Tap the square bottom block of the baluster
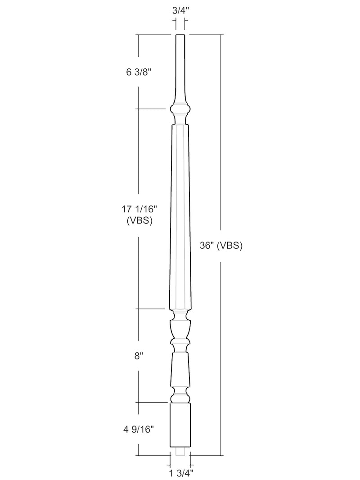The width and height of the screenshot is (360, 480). click(x=180, y=425)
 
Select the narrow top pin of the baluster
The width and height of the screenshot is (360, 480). click(x=180, y=58)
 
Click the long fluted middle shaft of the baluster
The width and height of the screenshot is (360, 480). click(x=180, y=216)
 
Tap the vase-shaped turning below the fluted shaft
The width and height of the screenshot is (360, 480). click(x=180, y=328)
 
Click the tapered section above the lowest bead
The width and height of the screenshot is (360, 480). click(x=180, y=369)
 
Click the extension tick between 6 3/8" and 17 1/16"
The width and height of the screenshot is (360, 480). click(x=151, y=109)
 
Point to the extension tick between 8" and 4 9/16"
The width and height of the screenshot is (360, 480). click(x=151, y=402)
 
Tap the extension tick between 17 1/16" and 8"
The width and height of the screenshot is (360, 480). click(x=151, y=309)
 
